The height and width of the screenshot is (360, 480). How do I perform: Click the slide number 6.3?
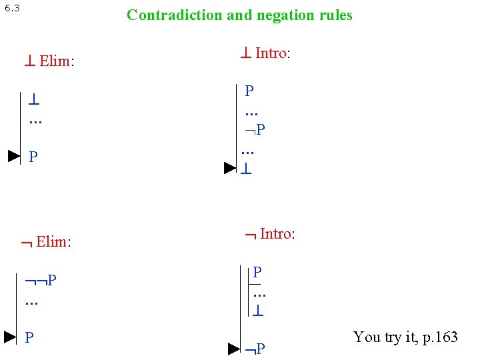pos(12,8)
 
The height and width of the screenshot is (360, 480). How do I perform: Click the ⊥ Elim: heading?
pos(49,62)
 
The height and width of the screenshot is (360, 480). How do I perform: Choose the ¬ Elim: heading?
pos(46,241)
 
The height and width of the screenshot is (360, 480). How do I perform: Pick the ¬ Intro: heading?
pos(270,233)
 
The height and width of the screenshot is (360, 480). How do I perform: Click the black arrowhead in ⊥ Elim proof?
pos(14,157)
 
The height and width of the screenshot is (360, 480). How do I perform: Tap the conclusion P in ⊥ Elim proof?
pos(33,157)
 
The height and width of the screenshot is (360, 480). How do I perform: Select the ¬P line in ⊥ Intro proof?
pos(255,128)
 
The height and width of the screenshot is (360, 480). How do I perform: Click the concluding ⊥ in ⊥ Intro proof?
pos(246,169)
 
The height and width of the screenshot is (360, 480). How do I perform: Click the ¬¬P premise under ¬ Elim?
pos(41,280)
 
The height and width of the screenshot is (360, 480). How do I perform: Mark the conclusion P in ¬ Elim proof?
pos(29,337)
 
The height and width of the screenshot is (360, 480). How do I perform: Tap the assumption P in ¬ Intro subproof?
pos(257,272)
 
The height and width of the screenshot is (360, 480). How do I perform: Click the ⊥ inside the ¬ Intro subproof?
pos(259,311)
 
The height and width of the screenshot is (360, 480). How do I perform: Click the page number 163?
pos(445,337)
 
